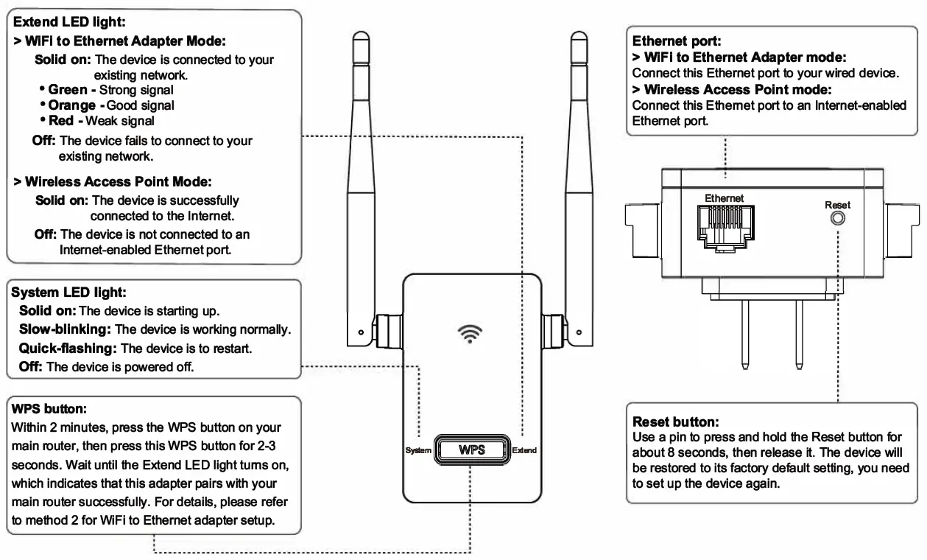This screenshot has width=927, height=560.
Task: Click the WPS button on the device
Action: click(470, 449)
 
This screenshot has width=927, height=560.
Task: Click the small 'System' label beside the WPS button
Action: click(417, 450)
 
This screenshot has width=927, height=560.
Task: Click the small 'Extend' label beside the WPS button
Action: click(524, 450)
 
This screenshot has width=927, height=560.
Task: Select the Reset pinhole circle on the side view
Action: click(837, 219)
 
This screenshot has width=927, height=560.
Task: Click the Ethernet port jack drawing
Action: click(725, 225)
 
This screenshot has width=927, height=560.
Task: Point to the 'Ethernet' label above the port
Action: click(725, 198)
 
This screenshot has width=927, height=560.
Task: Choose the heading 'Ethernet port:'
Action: click(672, 43)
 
